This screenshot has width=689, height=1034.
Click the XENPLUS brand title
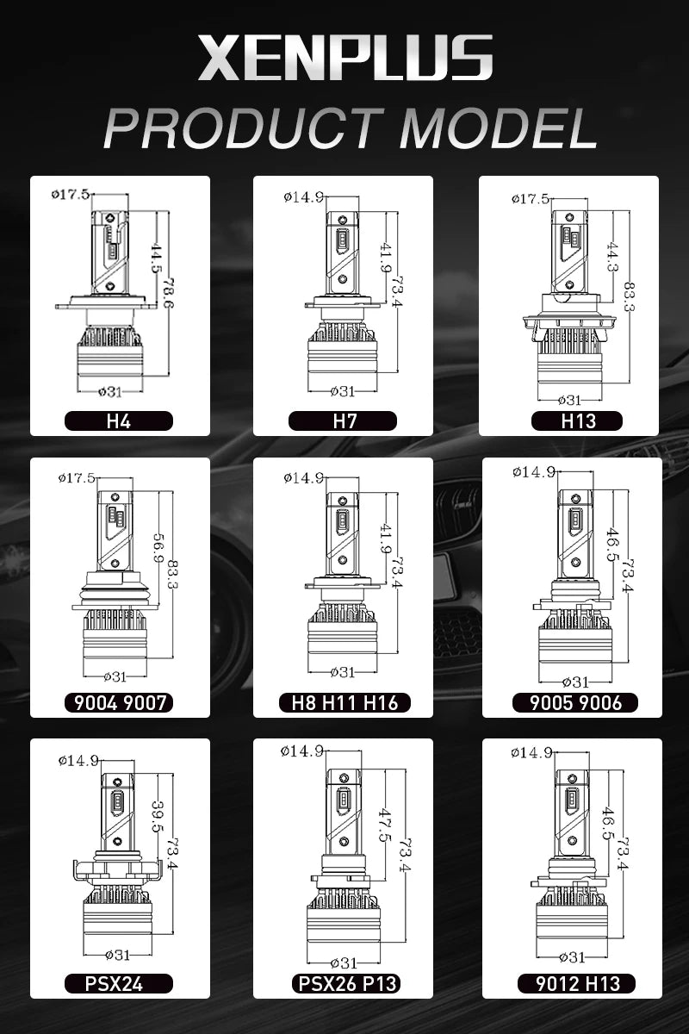coord(345,59)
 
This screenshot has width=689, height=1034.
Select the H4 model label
coord(119,421)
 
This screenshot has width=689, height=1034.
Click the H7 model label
coord(343,421)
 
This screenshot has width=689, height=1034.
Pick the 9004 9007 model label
coord(120,702)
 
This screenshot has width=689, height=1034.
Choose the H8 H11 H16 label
coord(344,702)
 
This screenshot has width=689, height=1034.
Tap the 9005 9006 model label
coord(575,702)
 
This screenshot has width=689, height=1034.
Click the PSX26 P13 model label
coord(347,984)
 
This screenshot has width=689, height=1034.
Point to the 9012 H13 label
coord(577,984)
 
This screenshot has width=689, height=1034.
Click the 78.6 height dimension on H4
coord(168,293)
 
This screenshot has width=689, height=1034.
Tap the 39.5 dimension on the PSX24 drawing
coord(158,816)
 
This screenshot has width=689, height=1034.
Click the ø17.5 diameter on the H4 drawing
coord(71,195)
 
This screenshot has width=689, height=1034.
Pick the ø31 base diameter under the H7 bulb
coord(343,391)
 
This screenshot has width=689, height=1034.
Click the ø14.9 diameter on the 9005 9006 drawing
coord(533,472)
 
